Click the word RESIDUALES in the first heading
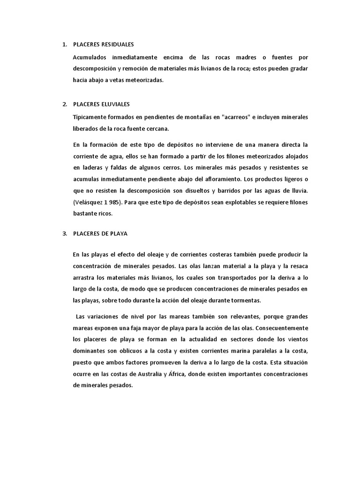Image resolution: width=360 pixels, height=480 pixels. (x=117, y=45)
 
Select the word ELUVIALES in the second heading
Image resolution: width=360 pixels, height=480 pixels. (x=114, y=104)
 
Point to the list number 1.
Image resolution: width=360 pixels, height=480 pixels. (x=64, y=45)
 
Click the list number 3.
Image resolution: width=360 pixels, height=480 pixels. (x=64, y=233)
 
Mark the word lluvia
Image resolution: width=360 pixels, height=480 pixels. (x=299, y=190)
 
